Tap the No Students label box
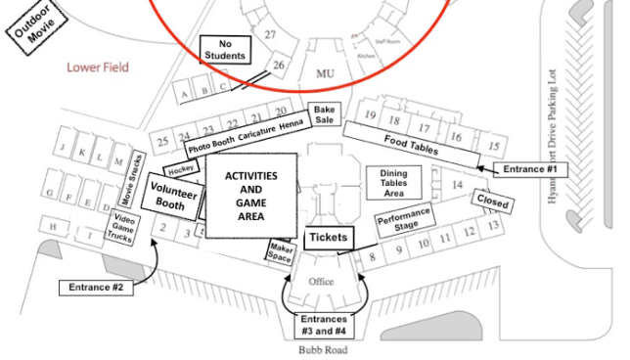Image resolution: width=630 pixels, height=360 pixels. tap(226, 49)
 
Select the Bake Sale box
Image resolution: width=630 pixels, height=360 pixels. tap(323, 113)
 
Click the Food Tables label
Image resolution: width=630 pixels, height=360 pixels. tap(411, 145)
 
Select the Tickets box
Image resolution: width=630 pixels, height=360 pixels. tap(327, 238)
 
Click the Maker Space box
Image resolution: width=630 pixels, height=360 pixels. tap(281, 252)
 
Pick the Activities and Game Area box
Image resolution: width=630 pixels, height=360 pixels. tap(251, 196)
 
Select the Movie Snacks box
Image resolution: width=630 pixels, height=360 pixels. tap(136, 174)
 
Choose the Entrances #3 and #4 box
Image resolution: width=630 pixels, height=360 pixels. tap(323, 324)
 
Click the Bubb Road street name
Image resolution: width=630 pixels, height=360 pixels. tap(323, 349)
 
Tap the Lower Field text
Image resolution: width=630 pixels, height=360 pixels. tap(98, 67)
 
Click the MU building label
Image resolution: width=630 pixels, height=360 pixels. tap(324, 73)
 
